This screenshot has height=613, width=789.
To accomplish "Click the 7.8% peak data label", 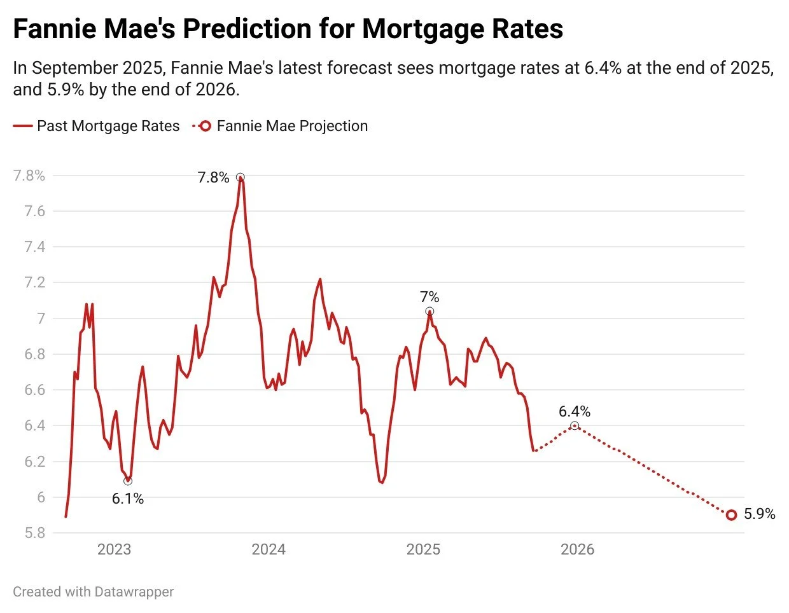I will click(x=213, y=178).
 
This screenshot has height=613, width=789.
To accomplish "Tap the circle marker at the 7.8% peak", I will click(x=240, y=177).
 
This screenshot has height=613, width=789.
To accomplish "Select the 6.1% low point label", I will click(x=128, y=499).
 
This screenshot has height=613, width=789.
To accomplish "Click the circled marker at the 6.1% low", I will click(x=128, y=481).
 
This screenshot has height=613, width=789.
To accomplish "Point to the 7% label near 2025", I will click(x=429, y=297).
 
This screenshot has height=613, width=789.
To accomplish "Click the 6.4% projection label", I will click(x=575, y=411).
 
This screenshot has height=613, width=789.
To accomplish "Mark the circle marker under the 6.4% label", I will click(x=575, y=425).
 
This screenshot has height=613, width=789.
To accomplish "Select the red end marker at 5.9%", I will click(x=731, y=515).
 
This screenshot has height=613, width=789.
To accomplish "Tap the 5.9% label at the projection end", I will click(x=760, y=514).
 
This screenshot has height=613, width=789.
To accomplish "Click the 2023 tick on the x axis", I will click(x=114, y=549).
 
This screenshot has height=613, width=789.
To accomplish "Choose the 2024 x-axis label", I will click(x=269, y=549).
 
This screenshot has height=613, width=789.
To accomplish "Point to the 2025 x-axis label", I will click(x=423, y=549).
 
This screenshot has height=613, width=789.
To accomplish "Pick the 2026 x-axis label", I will click(x=577, y=549).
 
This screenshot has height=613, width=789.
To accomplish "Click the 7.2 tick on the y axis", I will click(x=34, y=282).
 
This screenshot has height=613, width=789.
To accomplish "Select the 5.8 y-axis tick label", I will click(x=34, y=533).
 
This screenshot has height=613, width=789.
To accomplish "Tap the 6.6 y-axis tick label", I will click(x=34, y=390).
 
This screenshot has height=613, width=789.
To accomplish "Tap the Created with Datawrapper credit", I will click(x=94, y=592).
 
